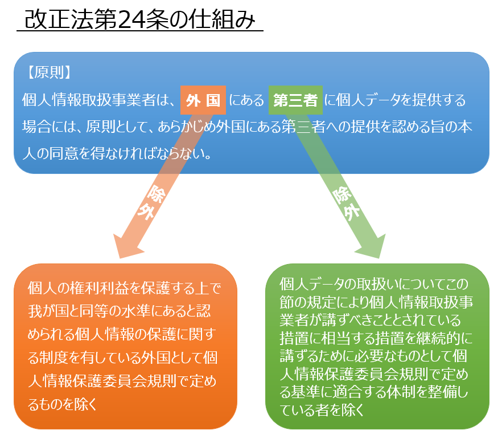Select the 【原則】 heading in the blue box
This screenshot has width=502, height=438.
point(48,72)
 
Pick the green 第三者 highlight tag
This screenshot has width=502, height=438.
point(295,101)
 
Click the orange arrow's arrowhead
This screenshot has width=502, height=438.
point(128,246)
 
